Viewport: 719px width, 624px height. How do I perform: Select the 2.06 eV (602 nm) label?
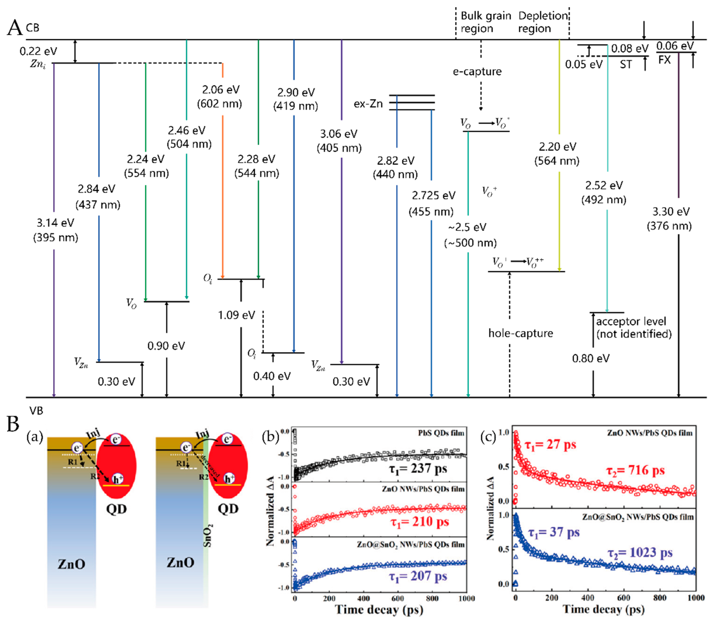point(220,96)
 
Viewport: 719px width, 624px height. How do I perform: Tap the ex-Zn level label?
point(368,104)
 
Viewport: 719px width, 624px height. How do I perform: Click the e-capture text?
point(477,72)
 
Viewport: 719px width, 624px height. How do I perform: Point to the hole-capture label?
point(520,333)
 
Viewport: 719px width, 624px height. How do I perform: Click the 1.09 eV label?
point(237,315)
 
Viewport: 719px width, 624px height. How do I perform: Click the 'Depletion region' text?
point(543,22)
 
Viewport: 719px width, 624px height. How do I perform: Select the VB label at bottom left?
point(36,411)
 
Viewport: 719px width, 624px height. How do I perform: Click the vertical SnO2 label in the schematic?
point(208,535)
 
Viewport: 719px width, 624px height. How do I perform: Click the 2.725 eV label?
point(433,196)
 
